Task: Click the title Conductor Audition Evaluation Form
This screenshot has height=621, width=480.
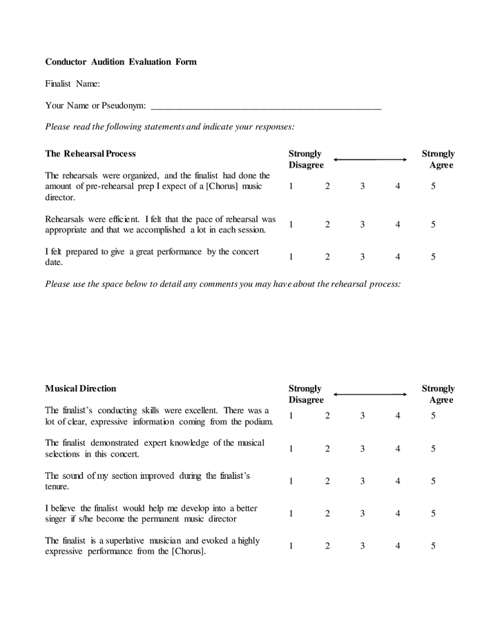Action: (121, 61)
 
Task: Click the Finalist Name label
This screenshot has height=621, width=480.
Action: (73, 83)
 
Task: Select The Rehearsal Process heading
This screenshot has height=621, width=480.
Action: (90, 153)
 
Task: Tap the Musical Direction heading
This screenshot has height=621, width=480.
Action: (81, 388)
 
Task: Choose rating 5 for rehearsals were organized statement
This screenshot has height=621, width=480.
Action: (433, 186)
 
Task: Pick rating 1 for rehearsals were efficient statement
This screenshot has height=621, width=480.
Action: (291, 224)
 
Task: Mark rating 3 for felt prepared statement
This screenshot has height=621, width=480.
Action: (363, 257)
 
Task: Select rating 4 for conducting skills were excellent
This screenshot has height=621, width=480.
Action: (398, 415)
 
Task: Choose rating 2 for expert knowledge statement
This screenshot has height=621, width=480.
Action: (327, 448)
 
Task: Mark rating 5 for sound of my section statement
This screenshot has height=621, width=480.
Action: (433, 481)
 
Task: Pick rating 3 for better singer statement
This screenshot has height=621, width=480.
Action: (363, 513)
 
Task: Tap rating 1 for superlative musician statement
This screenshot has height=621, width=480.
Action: (291, 546)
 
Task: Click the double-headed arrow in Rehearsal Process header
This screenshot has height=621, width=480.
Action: (370, 160)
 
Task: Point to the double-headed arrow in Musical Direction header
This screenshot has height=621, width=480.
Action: (370, 395)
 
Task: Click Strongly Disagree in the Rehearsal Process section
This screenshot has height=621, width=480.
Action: (306, 159)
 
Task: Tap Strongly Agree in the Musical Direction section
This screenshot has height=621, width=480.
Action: (439, 394)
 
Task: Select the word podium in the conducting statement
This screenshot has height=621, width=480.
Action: (257, 421)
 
